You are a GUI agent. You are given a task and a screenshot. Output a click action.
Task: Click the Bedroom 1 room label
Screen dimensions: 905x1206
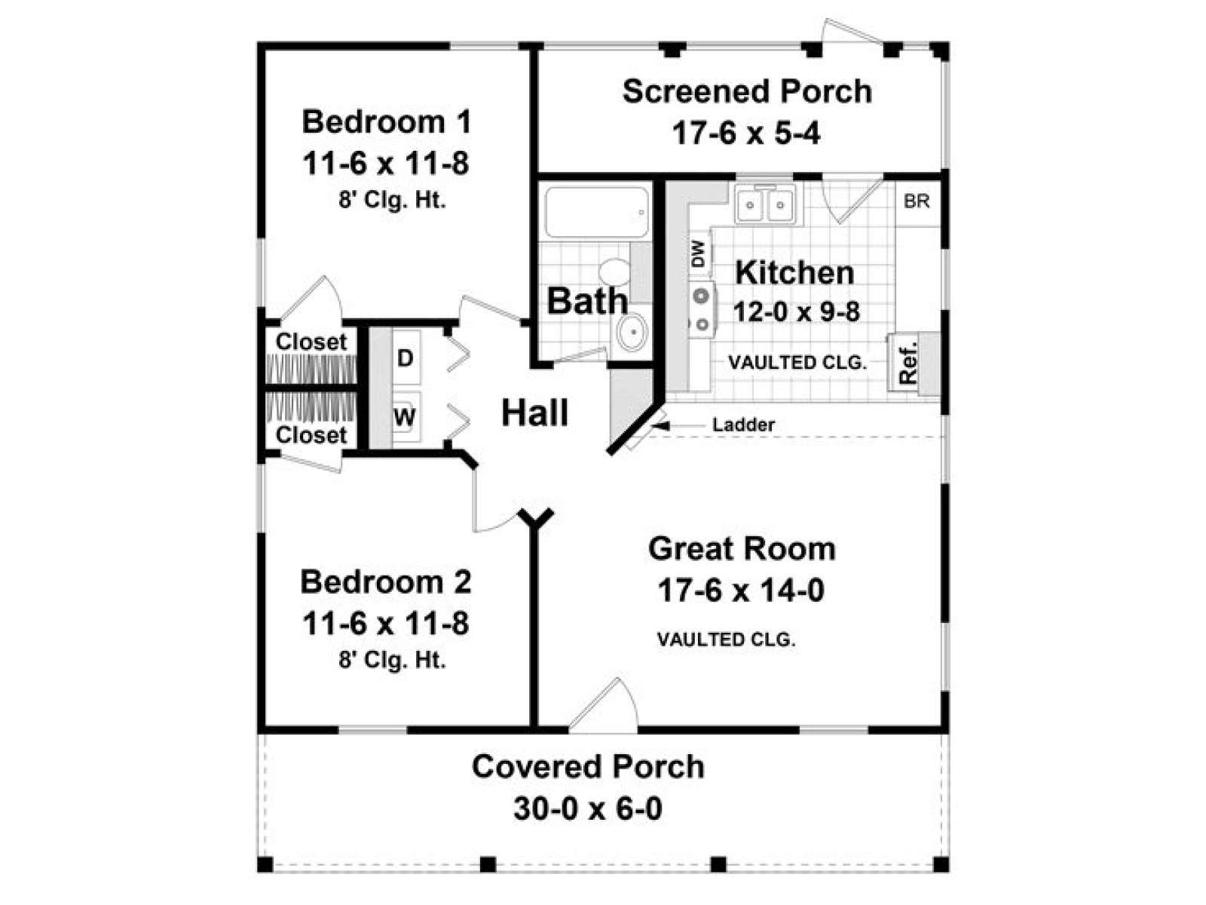coord(387,121)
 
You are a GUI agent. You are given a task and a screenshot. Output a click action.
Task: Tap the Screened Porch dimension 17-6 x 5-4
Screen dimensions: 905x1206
coord(745,134)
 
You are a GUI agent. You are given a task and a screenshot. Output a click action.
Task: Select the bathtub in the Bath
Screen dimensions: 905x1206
coord(596,212)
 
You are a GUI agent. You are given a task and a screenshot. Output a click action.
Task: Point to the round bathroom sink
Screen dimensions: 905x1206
coord(632,330)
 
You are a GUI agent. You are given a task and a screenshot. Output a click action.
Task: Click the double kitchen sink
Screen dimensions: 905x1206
coord(765,204)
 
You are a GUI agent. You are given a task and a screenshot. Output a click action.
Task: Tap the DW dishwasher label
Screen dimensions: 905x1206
coord(697,254)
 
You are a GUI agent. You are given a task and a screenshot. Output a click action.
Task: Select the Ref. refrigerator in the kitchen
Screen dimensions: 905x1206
coord(908,362)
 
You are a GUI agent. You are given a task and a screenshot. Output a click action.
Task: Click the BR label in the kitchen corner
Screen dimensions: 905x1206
coord(917,201)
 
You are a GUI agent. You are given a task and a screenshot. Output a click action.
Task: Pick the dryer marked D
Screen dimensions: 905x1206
coord(406,357)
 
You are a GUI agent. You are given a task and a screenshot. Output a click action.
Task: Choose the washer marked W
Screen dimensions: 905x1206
coord(405,416)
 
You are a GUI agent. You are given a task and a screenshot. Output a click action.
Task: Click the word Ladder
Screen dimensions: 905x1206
coord(743,425)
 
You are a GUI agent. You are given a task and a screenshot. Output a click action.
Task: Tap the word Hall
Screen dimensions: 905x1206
coord(534,413)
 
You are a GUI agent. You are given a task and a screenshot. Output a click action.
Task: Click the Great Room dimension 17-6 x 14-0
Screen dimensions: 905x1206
coord(741,590)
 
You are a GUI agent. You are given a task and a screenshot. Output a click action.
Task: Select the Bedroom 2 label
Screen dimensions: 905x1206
coord(386,581)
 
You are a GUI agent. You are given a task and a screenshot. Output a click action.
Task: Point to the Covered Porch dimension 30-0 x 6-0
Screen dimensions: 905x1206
coord(588,808)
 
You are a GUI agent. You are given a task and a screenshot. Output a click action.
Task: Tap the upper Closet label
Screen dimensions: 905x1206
coord(311,341)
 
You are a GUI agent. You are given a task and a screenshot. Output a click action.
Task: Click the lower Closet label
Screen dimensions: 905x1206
coord(311,434)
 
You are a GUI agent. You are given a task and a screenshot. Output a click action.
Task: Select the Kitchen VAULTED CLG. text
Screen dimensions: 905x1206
coord(797,363)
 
